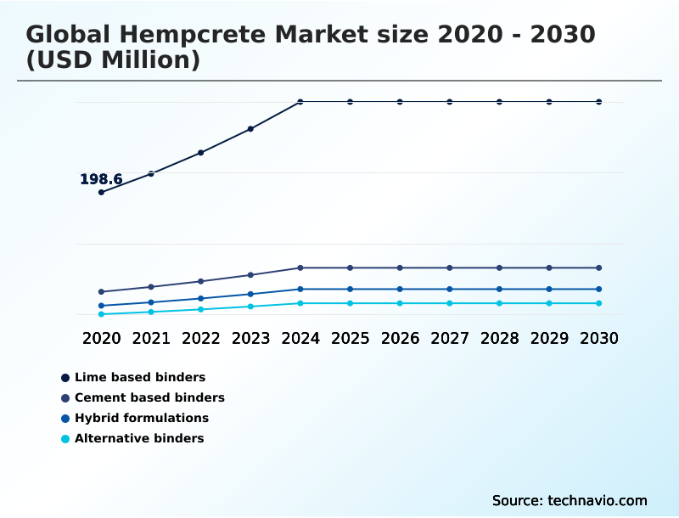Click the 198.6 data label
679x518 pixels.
point(101,179)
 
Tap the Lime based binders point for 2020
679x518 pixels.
point(101,192)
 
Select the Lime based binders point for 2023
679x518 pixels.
point(250,129)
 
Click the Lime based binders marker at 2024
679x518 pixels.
point(300,102)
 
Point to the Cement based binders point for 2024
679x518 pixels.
point(300,267)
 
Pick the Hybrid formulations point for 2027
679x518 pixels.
point(450,289)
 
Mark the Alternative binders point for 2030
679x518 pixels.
point(599,303)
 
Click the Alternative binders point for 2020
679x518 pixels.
point(101,314)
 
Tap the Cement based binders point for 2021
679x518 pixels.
point(151,287)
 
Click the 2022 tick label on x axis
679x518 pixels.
point(201,338)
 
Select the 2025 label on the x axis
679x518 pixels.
point(351,338)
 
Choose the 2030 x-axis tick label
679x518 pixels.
point(599,338)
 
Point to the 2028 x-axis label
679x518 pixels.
point(500,338)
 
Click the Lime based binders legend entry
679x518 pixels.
point(140,377)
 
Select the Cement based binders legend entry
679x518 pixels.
point(149,397)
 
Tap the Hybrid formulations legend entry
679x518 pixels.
point(141,418)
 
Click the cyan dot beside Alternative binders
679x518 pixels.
point(65,439)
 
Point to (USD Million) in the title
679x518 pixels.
point(113,60)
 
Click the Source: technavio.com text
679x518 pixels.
point(570,500)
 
